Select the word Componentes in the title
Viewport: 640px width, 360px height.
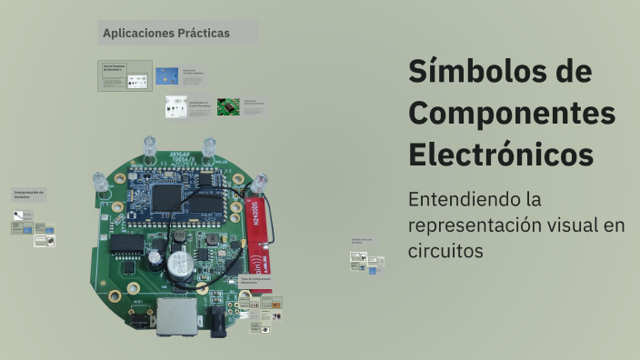tap(512, 113)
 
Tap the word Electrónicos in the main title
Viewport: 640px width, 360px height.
tap(501, 154)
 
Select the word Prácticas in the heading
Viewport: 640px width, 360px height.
tap(204, 34)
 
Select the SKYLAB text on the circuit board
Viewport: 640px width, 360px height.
tap(180, 155)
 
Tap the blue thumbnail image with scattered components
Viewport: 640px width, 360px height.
tap(166, 75)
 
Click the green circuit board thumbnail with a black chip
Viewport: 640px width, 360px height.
tap(228, 106)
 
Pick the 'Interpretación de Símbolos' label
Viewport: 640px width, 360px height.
tap(29, 195)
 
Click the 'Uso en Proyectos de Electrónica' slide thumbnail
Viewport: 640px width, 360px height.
tap(125, 75)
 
